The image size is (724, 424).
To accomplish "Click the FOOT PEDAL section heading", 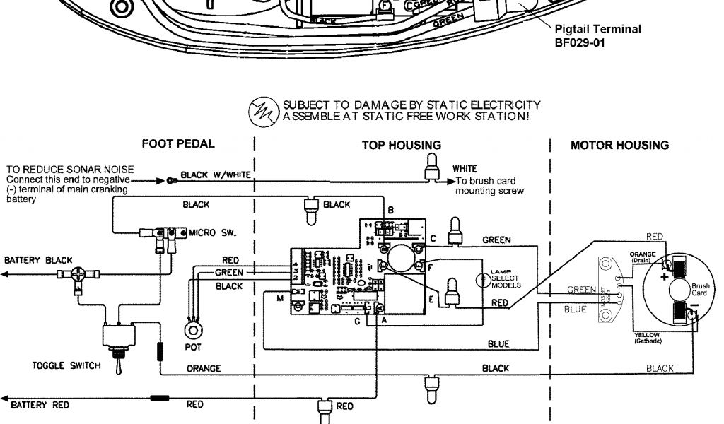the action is [178, 144].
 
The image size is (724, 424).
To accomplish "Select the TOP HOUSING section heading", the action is [401, 146].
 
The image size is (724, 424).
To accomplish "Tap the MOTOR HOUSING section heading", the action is [619, 146].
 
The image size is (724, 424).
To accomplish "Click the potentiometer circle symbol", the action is [191, 330].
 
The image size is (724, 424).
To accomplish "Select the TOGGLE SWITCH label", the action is [66, 366].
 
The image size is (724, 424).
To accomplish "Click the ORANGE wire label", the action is [204, 369].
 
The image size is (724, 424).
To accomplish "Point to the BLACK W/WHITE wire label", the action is [216, 175].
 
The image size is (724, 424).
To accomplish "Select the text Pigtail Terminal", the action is [597, 29].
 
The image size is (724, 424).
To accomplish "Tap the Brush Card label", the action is [700, 289].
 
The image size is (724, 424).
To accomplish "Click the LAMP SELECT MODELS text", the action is [506, 279].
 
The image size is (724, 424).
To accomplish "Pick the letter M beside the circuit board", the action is [280, 300].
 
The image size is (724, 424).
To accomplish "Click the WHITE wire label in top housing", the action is [465, 169].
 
